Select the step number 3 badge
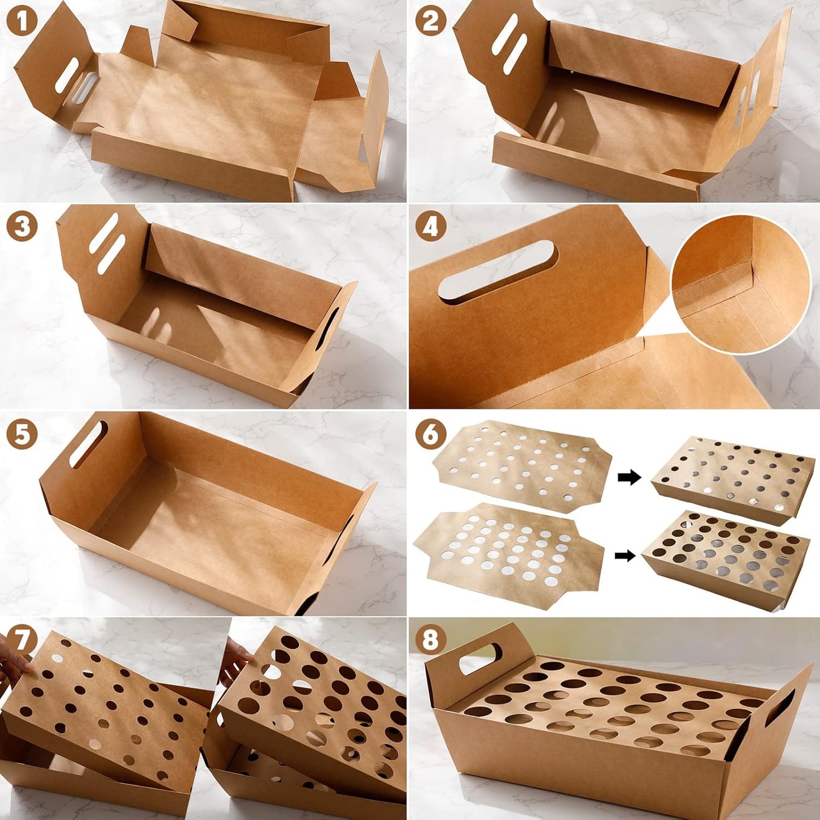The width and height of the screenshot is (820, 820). (x=22, y=226)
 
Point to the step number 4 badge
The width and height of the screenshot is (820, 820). (x=431, y=227)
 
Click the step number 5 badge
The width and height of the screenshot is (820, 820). (x=22, y=435)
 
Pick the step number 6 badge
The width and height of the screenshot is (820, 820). (x=431, y=435)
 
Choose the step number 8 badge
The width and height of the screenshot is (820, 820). (x=431, y=640)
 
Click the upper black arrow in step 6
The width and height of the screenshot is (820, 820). (x=629, y=477)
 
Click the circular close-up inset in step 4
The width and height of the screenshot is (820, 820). (x=740, y=284)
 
